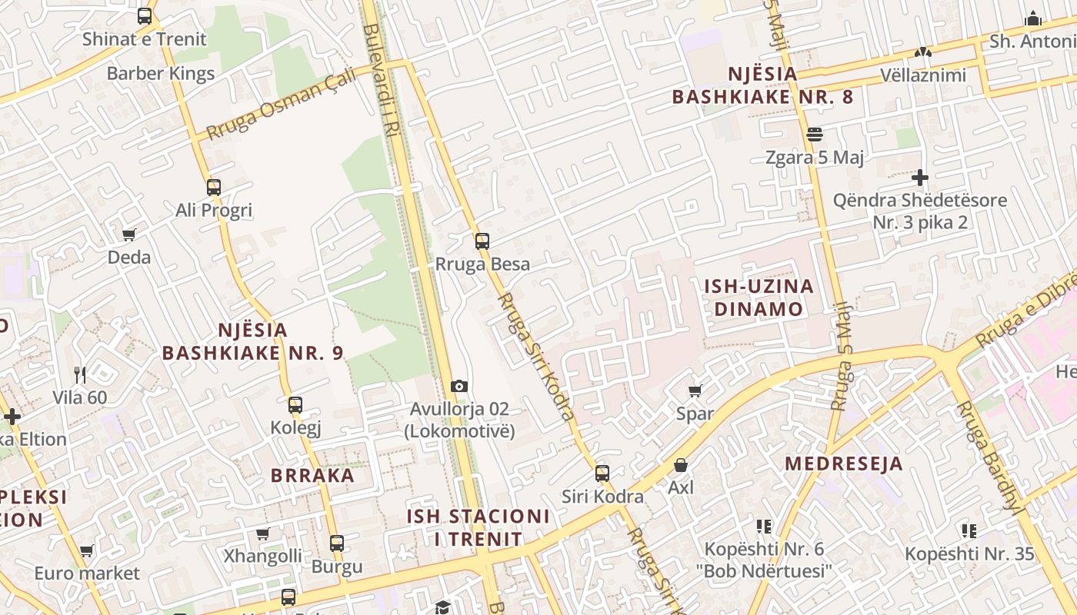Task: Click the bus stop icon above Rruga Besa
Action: (x=482, y=241)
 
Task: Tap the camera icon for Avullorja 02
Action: (x=459, y=386)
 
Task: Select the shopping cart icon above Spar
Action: (x=695, y=391)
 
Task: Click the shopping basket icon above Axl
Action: (x=680, y=465)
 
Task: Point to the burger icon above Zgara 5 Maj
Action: (x=815, y=135)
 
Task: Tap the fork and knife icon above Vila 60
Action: (x=80, y=375)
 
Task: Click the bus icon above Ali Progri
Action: (x=214, y=188)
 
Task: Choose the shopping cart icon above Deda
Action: (x=129, y=234)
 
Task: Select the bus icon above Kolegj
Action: (x=295, y=405)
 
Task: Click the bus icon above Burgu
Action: (x=337, y=544)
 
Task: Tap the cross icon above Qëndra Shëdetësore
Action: (x=920, y=178)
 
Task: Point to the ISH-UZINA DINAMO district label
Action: (x=759, y=298)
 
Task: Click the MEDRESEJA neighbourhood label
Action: (x=844, y=464)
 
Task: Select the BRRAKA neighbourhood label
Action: (x=312, y=475)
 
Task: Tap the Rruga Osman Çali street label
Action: (x=282, y=105)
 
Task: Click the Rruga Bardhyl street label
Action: (x=989, y=457)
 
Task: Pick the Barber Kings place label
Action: (x=161, y=74)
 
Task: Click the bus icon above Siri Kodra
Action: (x=602, y=474)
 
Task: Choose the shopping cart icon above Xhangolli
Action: (x=263, y=534)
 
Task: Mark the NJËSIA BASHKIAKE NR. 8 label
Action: (x=762, y=86)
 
